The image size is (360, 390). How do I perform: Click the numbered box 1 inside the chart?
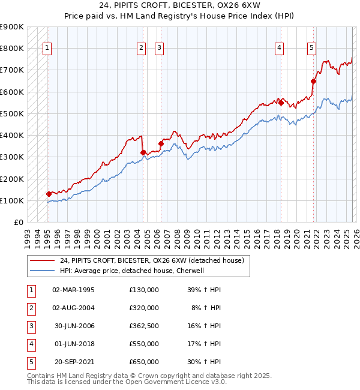pos(47,49)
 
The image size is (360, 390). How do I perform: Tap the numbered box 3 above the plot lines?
pos(159,49)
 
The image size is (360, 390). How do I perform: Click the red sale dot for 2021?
pos(314,81)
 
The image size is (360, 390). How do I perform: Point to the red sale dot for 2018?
pos(281,103)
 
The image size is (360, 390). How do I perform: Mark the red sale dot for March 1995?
pos(49,194)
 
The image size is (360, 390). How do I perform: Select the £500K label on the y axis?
pos(12,113)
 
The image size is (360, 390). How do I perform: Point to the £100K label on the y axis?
pos(12,200)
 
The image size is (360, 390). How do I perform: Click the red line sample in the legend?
pos(43,261)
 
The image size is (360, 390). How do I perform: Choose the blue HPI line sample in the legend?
pos(43,271)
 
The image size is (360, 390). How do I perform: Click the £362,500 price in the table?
pos(144,326)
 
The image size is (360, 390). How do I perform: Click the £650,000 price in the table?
pos(144,362)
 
